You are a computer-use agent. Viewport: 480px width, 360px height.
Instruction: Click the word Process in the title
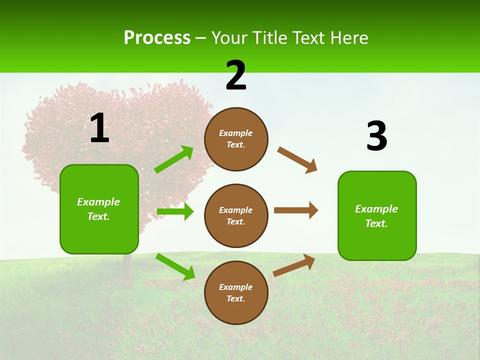157,38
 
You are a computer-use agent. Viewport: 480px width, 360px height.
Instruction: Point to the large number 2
236,75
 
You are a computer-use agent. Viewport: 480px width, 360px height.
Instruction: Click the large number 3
376,136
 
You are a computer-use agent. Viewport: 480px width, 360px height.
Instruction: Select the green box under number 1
99,209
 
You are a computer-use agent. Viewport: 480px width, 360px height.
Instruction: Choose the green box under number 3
377,215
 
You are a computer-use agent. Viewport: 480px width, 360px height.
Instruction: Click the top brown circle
236,139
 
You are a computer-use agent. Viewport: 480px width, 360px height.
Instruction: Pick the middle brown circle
236,215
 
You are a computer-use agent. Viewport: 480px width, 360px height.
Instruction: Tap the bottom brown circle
236,292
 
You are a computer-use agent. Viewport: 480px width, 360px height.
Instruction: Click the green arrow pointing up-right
174,159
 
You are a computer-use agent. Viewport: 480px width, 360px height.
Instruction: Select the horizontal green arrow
175,211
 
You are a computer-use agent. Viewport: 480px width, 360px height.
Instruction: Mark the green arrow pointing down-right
175,266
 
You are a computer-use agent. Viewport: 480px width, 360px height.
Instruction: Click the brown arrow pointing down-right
297,159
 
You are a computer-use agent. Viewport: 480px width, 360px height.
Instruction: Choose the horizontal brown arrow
296,210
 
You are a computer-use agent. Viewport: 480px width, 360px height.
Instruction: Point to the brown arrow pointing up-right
294,265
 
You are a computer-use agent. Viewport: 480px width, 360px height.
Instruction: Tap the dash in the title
201,38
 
